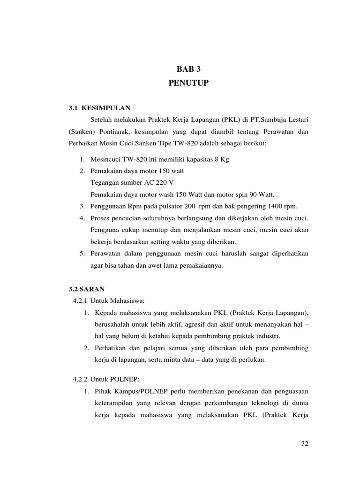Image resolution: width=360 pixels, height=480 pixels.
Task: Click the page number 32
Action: coord(304,443)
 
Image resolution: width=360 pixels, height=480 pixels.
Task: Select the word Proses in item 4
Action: coord(99,218)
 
